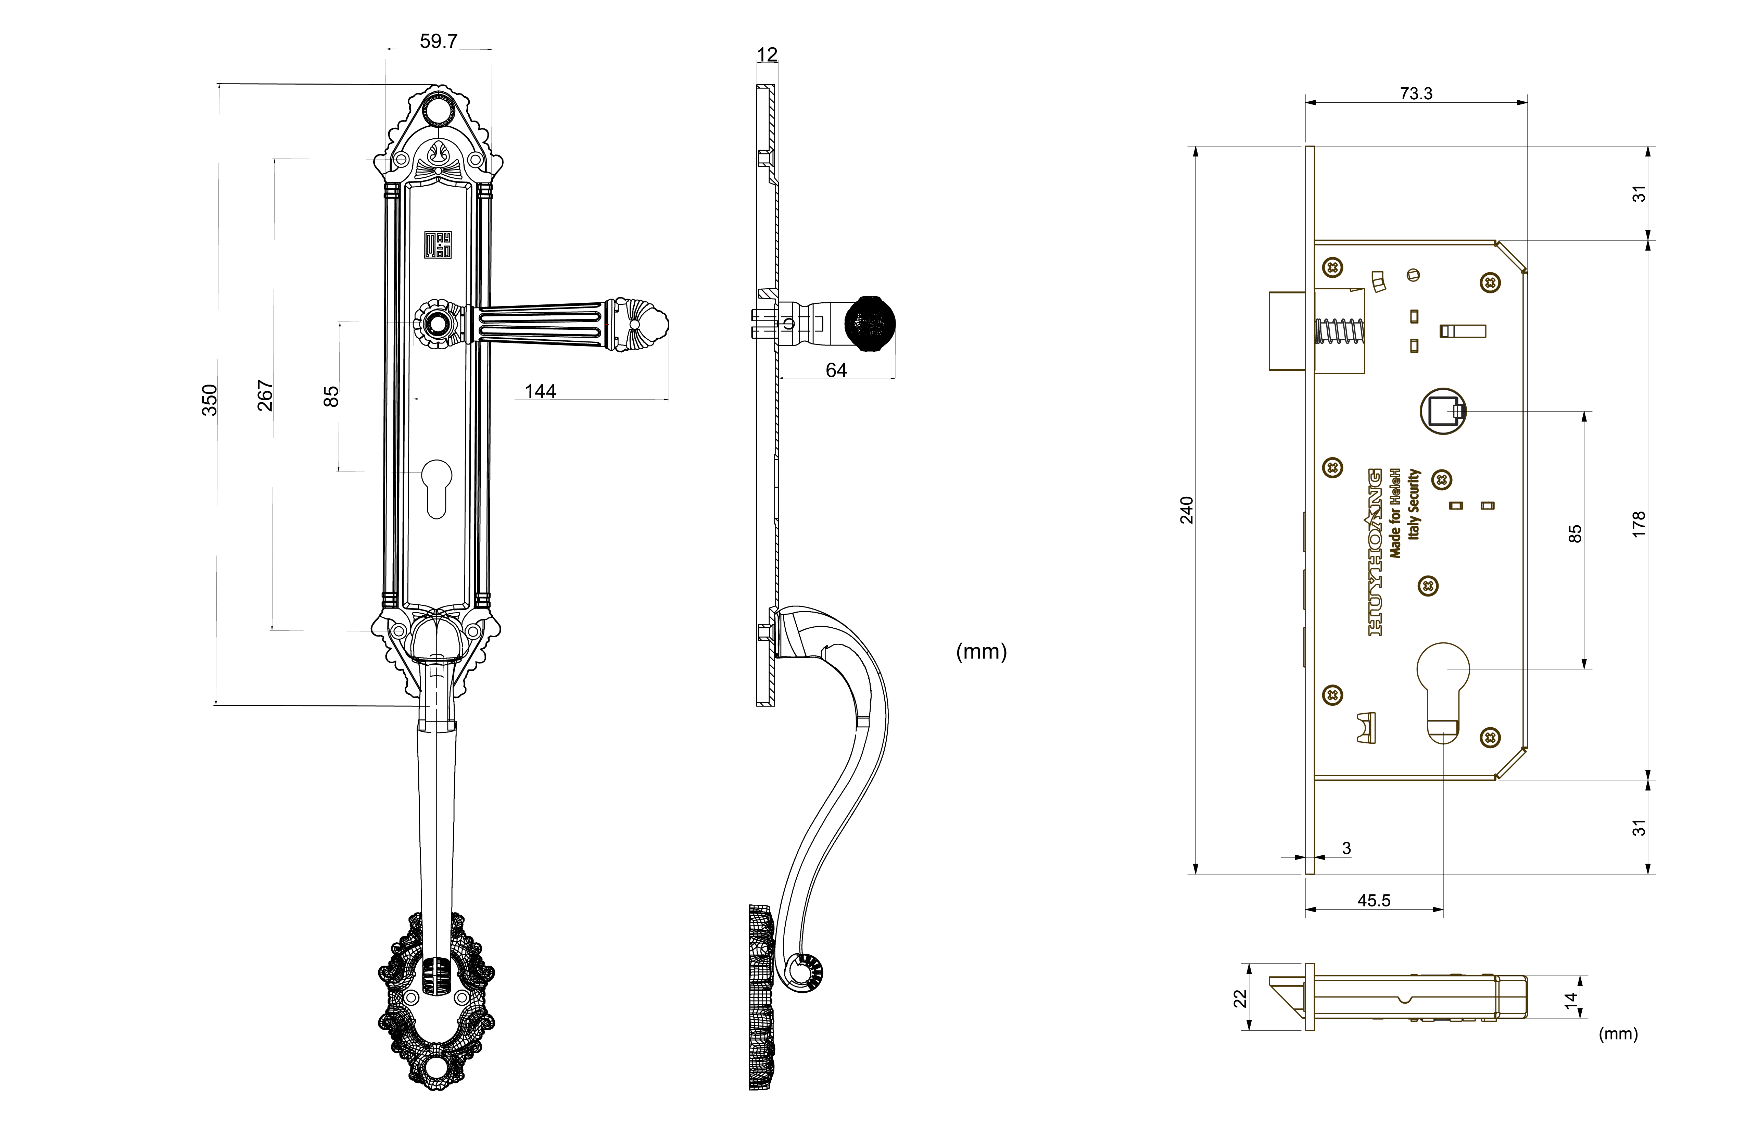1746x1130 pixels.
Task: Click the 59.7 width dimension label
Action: point(439,41)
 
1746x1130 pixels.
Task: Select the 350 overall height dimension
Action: point(210,400)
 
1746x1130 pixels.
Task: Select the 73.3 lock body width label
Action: point(1416,93)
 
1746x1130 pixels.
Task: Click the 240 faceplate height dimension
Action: point(1186,510)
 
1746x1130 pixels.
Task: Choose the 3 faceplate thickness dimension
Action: point(1346,848)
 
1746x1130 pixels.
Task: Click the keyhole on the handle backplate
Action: point(436,488)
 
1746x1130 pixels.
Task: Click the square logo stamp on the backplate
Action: point(438,245)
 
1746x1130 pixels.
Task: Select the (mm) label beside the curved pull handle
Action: point(981,652)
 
